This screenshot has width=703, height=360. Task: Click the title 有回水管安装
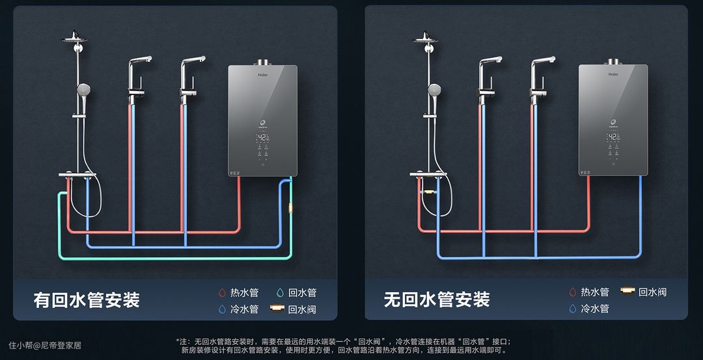(87, 300)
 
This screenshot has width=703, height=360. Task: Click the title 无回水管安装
(437, 300)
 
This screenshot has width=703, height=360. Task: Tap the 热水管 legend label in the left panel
(244, 293)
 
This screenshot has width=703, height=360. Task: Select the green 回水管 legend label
(302, 293)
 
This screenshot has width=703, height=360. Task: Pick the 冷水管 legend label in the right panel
(595, 309)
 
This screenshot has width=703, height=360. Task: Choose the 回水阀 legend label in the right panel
(652, 292)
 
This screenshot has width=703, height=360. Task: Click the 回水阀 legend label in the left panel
(302, 309)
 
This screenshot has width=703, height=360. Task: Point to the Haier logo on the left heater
(263, 75)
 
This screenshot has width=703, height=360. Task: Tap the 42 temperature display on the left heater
(262, 138)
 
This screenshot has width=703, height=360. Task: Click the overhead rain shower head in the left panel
(74, 38)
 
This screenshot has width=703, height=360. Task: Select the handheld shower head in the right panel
(434, 90)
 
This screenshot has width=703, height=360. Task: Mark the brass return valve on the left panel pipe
(290, 209)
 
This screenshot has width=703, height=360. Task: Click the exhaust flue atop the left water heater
(263, 62)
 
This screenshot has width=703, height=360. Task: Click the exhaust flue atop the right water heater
(613, 62)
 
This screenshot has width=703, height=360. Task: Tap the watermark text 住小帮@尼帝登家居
(45, 345)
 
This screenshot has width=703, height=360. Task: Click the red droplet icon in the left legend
(222, 293)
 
